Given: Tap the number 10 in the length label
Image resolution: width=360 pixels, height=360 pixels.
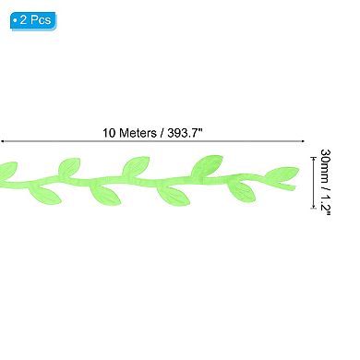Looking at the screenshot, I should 108,132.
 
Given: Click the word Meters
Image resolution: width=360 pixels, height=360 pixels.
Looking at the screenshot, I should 138,132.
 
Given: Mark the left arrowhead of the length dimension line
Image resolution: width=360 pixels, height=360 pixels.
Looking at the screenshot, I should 3,142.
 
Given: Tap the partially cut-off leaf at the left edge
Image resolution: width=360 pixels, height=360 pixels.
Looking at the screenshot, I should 7,170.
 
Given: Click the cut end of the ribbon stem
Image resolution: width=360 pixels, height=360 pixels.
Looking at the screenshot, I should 293,187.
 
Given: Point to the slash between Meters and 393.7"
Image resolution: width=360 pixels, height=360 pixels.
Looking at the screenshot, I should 163,132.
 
